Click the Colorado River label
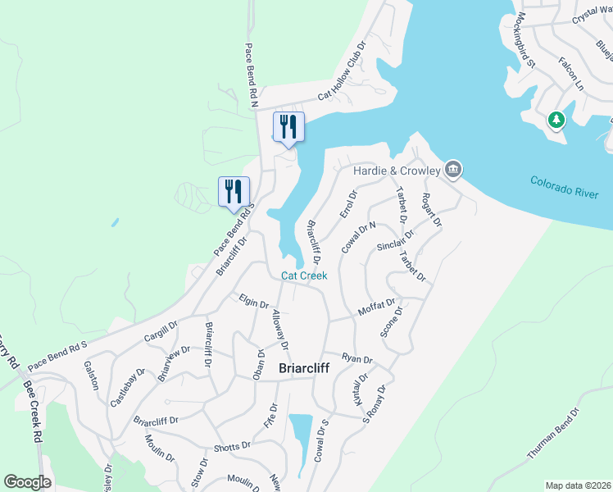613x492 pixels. [565, 188]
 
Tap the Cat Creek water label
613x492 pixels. [304, 276]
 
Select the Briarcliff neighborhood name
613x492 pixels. [305, 368]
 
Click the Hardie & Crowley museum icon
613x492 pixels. [453, 170]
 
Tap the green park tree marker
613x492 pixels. [556, 121]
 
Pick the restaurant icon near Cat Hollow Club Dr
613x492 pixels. [288, 127]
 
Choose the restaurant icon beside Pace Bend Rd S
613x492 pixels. [234, 192]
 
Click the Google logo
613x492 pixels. [27, 482]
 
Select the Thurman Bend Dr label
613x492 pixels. [554, 435]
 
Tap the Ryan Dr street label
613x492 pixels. [357, 359]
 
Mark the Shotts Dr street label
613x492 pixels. [232, 446]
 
